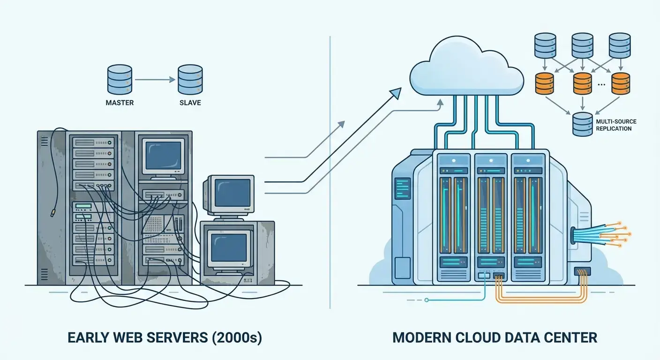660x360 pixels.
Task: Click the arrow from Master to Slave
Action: (x=155, y=80)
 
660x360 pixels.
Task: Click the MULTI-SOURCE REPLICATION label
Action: (x=615, y=125)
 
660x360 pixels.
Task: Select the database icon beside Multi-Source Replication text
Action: (x=582, y=124)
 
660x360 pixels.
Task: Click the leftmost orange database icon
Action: (x=544, y=83)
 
